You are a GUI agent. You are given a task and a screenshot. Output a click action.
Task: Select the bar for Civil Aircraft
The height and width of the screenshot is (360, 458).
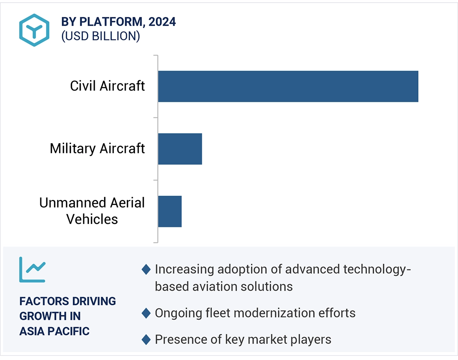point(288,86)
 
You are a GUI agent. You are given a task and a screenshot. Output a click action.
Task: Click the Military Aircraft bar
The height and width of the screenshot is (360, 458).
point(180,149)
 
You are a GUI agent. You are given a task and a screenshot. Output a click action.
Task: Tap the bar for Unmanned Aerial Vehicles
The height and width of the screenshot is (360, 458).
point(169,211)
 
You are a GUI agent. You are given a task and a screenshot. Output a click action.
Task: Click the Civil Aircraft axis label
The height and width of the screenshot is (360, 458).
point(107,86)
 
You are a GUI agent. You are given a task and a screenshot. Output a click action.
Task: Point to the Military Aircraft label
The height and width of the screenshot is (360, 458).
point(97,149)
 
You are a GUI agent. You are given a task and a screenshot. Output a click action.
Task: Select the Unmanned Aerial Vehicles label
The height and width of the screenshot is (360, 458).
point(92,211)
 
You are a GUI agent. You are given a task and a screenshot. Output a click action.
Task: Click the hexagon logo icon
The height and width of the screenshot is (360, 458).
point(34,30)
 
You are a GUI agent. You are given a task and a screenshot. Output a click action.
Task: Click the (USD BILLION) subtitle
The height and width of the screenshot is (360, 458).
point(100,36)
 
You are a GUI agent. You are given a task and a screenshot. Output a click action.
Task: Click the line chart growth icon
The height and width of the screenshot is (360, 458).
point(32,270)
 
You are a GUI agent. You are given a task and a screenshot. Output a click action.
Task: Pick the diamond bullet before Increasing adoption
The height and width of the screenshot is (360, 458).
point(146,269)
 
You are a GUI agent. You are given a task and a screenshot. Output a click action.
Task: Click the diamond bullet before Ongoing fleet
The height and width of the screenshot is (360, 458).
point(146,313)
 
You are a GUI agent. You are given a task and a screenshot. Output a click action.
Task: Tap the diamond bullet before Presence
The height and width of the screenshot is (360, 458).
point(146,340)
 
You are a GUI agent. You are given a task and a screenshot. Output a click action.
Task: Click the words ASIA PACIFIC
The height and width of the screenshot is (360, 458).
point(54,331)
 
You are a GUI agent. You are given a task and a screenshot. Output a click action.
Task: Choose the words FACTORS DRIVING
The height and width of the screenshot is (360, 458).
point(68,301)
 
